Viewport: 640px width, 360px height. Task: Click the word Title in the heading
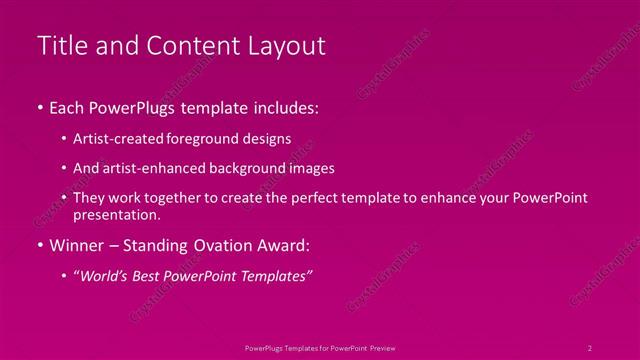click(x=59, y=46)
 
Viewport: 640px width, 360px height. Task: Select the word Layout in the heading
click(x=287, y=46)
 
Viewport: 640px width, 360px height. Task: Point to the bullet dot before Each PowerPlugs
click(x=39, y=107)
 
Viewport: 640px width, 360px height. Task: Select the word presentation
click(x=116, y=214)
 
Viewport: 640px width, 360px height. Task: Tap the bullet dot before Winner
click(x=39, y=245)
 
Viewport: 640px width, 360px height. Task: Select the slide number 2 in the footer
click(x=590, y=347)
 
